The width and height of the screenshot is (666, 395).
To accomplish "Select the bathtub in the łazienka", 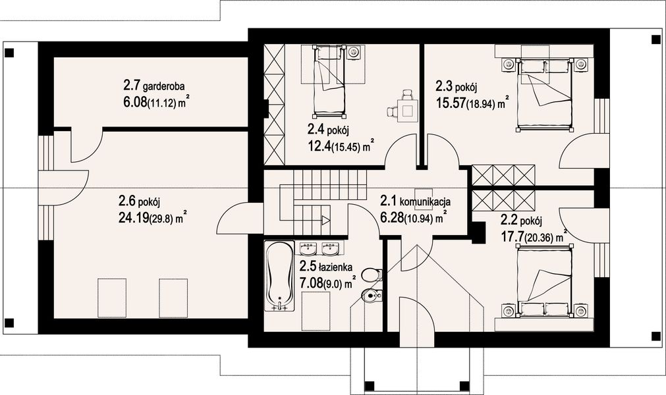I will click(280, 276).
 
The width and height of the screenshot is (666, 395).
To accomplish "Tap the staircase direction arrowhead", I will click(325, 221).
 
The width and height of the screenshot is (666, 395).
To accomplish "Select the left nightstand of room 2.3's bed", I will click(508, 65).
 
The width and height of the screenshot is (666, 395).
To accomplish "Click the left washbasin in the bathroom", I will click(308, 249).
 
